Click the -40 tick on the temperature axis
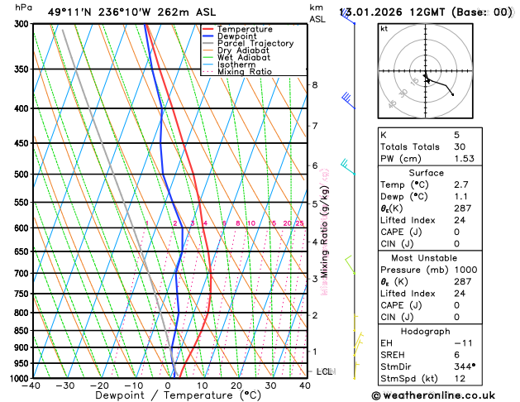click(x=32, y=385)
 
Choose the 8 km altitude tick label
click(x=315, y=85)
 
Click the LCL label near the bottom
click(x=324, y=371)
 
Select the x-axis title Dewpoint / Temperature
click(x=168, y=395)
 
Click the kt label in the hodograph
click(x=384, y=28)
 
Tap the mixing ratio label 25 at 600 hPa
click(x=299, y=223)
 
